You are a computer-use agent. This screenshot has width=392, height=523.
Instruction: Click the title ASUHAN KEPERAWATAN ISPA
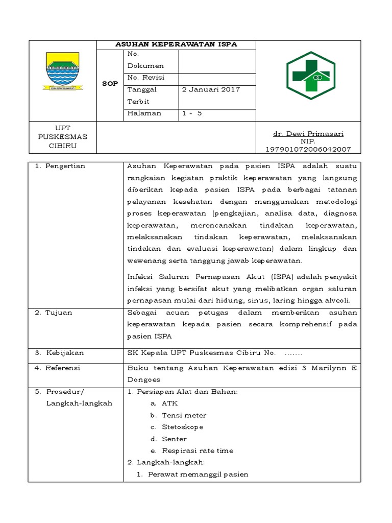[x=176, y=44]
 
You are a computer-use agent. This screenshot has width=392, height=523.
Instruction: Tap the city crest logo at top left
[x=62, y=71]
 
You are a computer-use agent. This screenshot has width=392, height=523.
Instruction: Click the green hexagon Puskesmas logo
[x=310, y=75]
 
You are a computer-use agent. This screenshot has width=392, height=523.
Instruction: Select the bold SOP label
[x=110, y=83]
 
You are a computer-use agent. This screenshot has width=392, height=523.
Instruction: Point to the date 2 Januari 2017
[x=211, y=89]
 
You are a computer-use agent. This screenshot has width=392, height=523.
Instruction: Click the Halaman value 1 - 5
[x=192, y=113]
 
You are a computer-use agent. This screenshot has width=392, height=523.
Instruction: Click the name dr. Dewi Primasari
[x=308, y=134]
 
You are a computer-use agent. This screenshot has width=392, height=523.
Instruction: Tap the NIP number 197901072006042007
[x=308, y=149]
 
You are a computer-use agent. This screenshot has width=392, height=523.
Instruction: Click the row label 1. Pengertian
[x=60, y=166]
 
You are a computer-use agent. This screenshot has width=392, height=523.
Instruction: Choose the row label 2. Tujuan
[x=54, y=312]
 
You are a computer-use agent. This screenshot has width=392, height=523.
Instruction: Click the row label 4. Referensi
[x=58, y=368]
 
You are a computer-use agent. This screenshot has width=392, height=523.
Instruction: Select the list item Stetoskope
[x=182, y=427]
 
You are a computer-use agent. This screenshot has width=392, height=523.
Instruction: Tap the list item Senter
[x=174, y=439]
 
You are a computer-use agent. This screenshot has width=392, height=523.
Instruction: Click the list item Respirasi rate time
[x=197, y=450]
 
